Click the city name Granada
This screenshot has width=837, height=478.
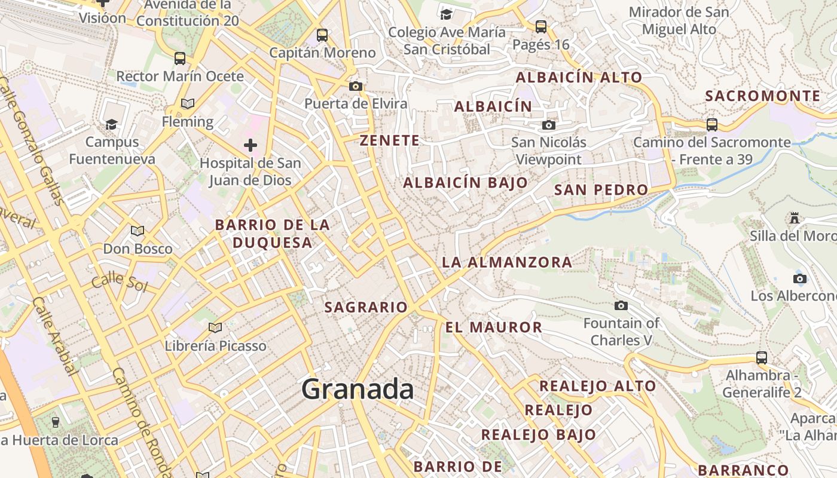[358, 390]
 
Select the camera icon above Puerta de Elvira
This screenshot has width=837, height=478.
[356, 86]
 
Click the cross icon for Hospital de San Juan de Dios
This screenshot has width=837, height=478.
[251, 145]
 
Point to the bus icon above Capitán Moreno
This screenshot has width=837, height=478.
[322, 35]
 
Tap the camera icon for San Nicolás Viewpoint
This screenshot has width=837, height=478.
[548, 125]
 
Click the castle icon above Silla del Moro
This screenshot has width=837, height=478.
[795, 218]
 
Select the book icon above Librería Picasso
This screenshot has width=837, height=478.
[215, 327]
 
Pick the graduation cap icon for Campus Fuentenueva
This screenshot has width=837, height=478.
[111, 124]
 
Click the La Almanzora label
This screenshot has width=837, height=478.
[507, 262]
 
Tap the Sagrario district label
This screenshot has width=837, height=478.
[365, 307]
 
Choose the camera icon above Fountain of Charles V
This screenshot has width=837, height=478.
[621, 306]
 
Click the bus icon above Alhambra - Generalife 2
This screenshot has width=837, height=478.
[762, 358]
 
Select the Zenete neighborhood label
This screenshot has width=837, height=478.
[389, 141]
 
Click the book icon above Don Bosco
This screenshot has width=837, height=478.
[138, 231]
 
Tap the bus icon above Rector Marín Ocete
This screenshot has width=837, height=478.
[180, 59]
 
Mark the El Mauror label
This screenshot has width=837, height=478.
[493, 327]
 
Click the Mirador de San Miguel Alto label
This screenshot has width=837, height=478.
[679, 20]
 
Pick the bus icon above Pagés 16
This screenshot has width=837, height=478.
[541, 27]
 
